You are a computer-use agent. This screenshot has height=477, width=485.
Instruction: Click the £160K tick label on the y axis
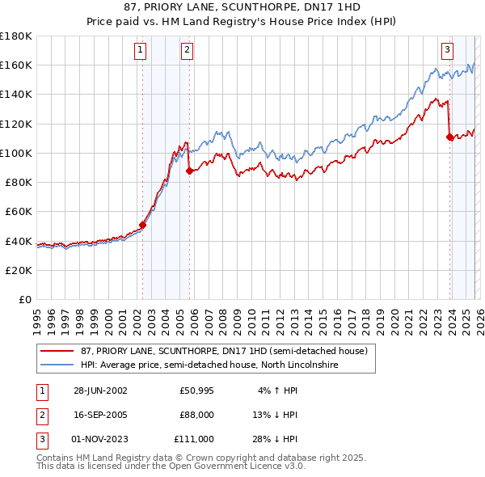[x=16, y=65]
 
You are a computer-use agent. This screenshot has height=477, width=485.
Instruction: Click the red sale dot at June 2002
[x=143, y=225]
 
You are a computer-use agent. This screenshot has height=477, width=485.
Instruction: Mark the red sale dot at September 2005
[x=189, y=171]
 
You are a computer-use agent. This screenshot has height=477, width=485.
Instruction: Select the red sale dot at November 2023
[x=449, y=137]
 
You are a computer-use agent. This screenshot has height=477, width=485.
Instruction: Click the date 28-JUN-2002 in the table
[x=100, y=390]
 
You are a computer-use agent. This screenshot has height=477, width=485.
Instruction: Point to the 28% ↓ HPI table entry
[x=275, y=439]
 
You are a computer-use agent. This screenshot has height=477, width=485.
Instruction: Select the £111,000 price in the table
[x=194, y=439]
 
